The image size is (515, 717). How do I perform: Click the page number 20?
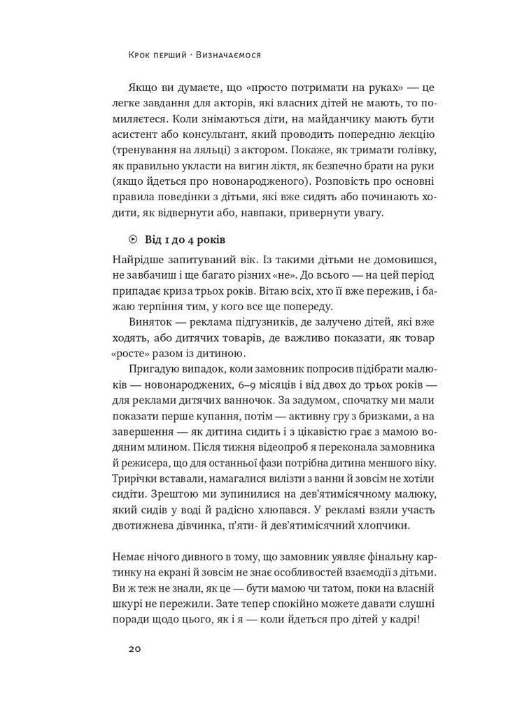134,648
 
